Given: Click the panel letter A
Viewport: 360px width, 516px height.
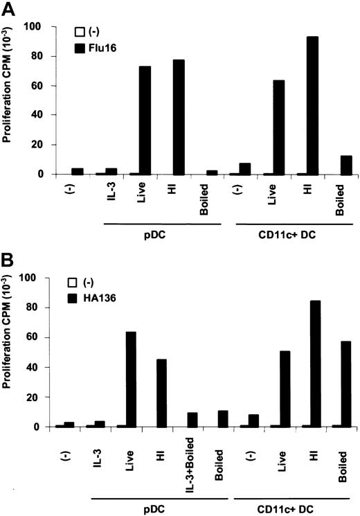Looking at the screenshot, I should click(10, 9).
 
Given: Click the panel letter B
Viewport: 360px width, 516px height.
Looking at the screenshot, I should click(9, 263).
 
